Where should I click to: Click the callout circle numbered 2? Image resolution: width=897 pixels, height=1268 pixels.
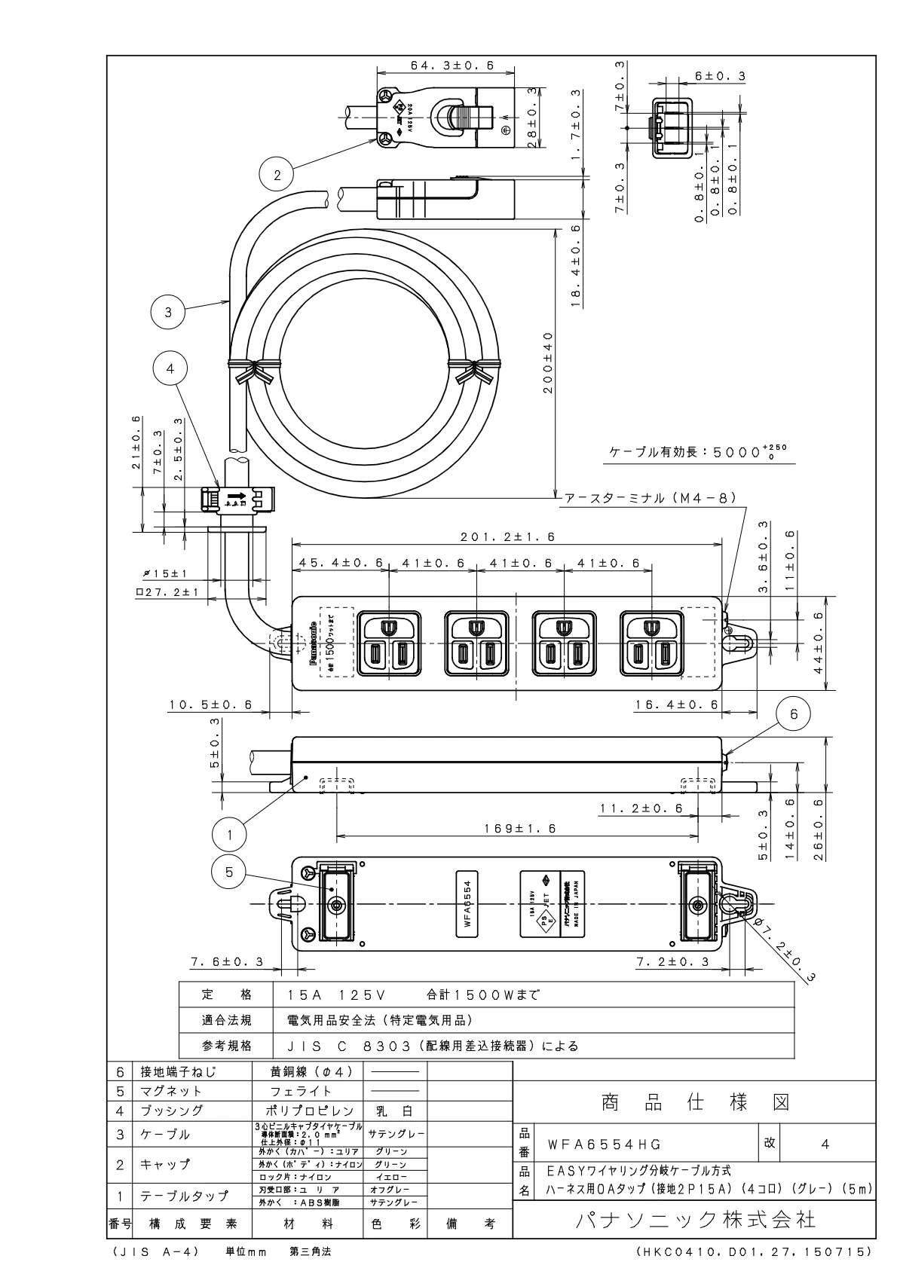[x=277, y=175]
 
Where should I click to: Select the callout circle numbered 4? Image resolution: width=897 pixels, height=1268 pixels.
[x=170, y=369]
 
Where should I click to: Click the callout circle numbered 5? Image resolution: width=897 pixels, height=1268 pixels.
[x=231, y=872]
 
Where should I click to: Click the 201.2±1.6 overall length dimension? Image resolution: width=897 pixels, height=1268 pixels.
[x=507, y=537]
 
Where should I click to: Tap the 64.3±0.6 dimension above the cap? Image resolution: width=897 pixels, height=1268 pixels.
[x=452, y=66]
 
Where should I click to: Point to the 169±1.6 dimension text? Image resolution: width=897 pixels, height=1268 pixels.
[x=519, y=828]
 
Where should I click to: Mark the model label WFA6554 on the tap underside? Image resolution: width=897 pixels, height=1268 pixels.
[x=467, y=904]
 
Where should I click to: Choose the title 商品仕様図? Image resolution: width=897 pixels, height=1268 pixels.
[x=695, y=1102]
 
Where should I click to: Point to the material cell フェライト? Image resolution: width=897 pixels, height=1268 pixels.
[x=301, y=1091]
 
